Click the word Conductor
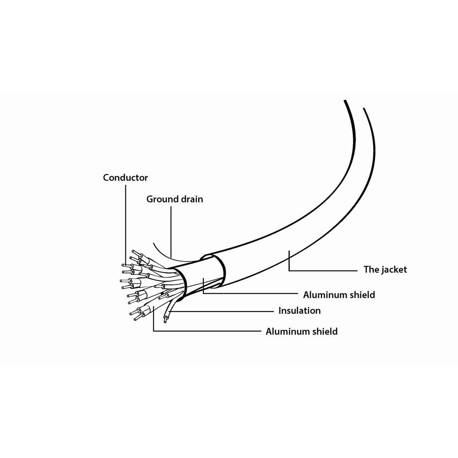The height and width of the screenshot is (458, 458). coord(125,178)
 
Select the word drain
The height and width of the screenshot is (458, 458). coord(192,199)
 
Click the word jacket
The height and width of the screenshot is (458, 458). coord(394,269)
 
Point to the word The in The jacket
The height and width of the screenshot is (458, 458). coord(371,269)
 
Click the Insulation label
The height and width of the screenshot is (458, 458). coord(300,311)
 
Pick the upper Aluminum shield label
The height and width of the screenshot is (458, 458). coord(339,294)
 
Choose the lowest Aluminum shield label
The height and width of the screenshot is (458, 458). coord(301,332)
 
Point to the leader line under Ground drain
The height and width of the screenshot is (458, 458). coord(171,231)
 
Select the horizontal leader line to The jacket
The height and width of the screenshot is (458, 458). coord(323,271)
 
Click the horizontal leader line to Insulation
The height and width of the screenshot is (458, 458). coord(221,311)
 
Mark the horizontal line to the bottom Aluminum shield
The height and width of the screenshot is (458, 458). coord(207,331)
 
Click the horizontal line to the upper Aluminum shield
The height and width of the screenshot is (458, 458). coord(251,294)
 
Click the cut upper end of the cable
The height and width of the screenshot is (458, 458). coord(354,104)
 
